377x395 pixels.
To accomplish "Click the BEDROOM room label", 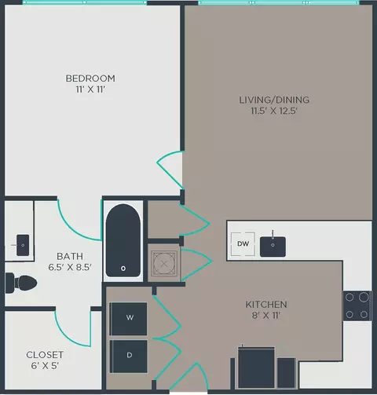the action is [x=90, y=79].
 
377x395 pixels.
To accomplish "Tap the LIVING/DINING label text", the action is [x=274, y=100].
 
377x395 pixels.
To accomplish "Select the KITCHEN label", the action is [x=266, y=305].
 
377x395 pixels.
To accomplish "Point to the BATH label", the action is [x=70, y=256].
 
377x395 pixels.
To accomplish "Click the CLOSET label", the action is [x=45, y=355].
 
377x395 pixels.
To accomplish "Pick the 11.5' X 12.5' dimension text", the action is [x=274, y=111].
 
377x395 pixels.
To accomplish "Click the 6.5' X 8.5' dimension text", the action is [x=70, y=267].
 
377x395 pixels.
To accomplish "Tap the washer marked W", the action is [x=128, y=319].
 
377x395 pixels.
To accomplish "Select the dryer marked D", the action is [x=128, y=357].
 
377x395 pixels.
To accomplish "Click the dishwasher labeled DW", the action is [x=243, y=244].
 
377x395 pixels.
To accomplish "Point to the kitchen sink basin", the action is [x=273, y=247].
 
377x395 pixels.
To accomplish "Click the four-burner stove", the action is [x=357, y=305].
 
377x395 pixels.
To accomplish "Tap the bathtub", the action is [x=123, y=240].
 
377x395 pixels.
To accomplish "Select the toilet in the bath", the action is [x=21, y=283].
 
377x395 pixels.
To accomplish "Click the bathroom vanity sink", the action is [x=23, y=245].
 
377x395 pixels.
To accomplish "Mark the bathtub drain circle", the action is [x=123, y=269].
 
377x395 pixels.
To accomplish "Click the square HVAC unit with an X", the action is [x=164, y=264].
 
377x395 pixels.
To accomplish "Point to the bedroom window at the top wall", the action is [x=84, y=2].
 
